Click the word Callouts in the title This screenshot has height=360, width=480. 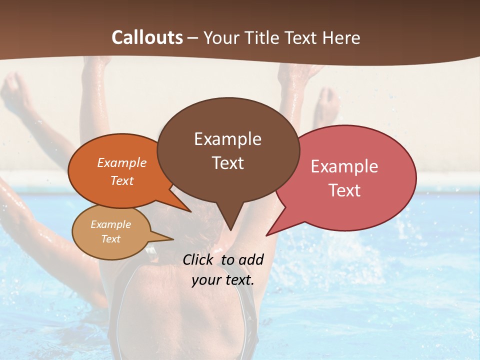pos(147,37)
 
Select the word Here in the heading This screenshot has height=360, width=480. pos(341,38)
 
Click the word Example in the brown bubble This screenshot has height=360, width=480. pos(227,139)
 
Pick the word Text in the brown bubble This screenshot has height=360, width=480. pos(227,163)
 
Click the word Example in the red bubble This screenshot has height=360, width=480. pos(344,166)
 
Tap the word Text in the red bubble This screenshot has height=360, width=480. pos(344,190)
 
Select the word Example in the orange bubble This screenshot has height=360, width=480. pos(122,162)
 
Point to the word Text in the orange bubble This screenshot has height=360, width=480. pos(122,180)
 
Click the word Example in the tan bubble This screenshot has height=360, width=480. pos(111,224)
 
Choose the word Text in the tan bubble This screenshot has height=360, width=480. pos(111,239)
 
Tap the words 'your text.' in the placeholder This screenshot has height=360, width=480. pos(222,280)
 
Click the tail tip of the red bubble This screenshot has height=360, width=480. pos(266,235)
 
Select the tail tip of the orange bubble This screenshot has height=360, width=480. pos(190,211)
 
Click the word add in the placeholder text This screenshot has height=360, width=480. pos(250,259)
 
